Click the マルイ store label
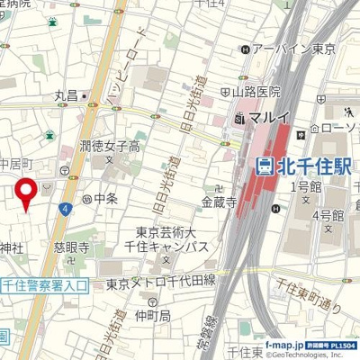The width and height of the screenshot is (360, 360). coord(262,117)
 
